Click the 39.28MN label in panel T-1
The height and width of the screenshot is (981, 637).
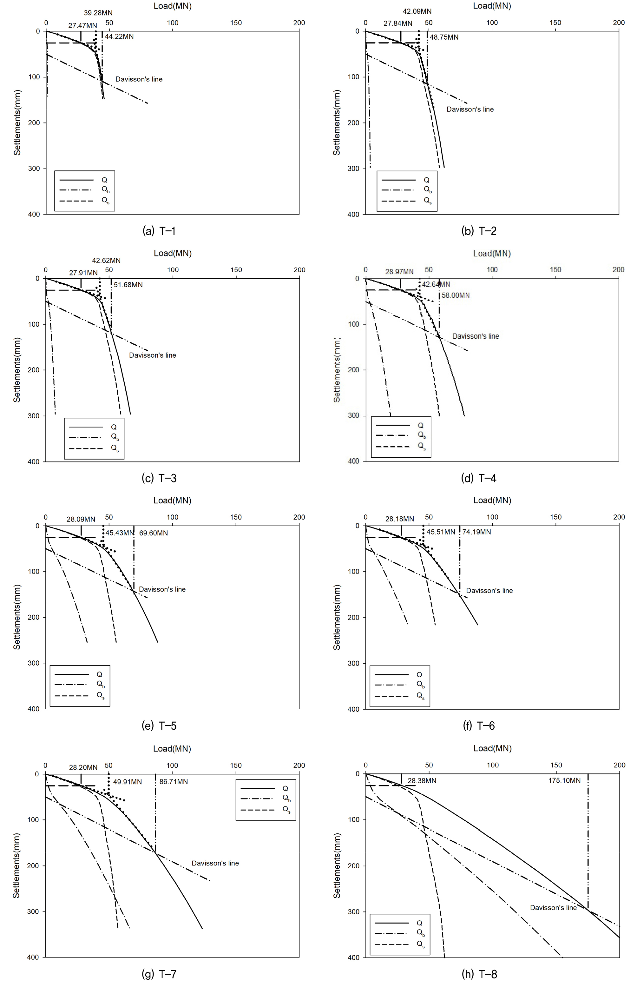pyautogui.click(x=98, y=13)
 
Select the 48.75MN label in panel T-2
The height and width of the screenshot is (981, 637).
pyautogui.click(x=444, y=37)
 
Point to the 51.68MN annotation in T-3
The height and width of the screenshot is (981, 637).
pyautogui.click(x=128, y=285)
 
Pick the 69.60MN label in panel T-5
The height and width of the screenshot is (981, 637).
pyautogui.click(x=153, y=533)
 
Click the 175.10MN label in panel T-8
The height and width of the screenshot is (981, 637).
pyautogui.click(x=564, y=781)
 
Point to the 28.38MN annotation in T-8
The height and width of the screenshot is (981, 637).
pyautogui.click(x=422, y=781)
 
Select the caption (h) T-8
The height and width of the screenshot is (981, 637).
pyautogui.click(x=479, y=974)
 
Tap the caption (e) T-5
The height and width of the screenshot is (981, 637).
pyautogui.click(x=159, y=726)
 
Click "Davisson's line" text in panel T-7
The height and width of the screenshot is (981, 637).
pyautogui.click(x=215, y=863)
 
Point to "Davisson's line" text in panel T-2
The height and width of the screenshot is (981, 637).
pyautogui.click(x=470, y=109)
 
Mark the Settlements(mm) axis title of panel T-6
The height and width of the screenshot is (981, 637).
pyautogui.click(x=337, y=617)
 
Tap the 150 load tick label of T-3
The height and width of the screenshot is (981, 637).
pyautogui.click(x=236, y=270)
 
